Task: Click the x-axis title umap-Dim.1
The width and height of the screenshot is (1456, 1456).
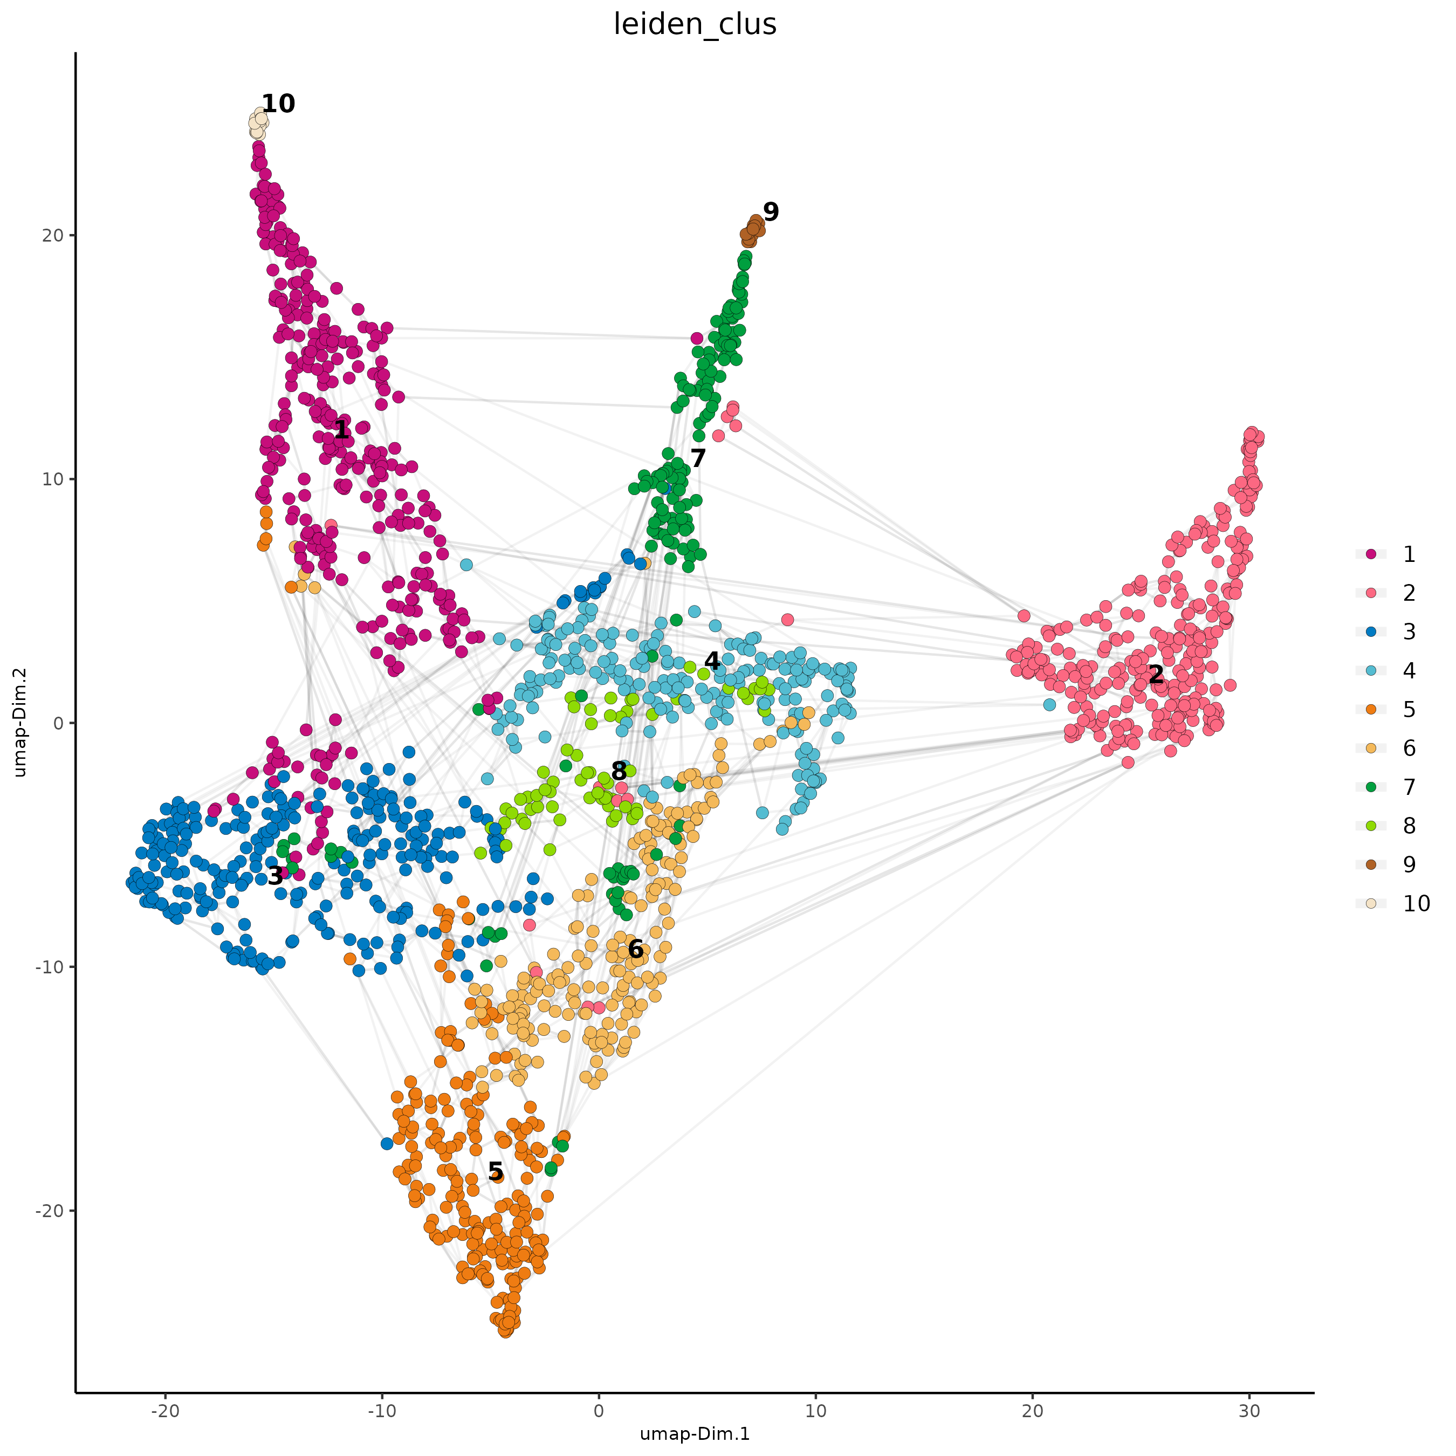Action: point(694,1433)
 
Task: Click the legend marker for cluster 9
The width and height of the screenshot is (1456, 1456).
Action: point(1371,864)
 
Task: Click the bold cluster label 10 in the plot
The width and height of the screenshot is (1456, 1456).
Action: point(278,104)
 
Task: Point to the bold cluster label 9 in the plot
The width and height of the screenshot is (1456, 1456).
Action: point(770,212)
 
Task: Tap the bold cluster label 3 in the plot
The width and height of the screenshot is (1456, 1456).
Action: point(276,875)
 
